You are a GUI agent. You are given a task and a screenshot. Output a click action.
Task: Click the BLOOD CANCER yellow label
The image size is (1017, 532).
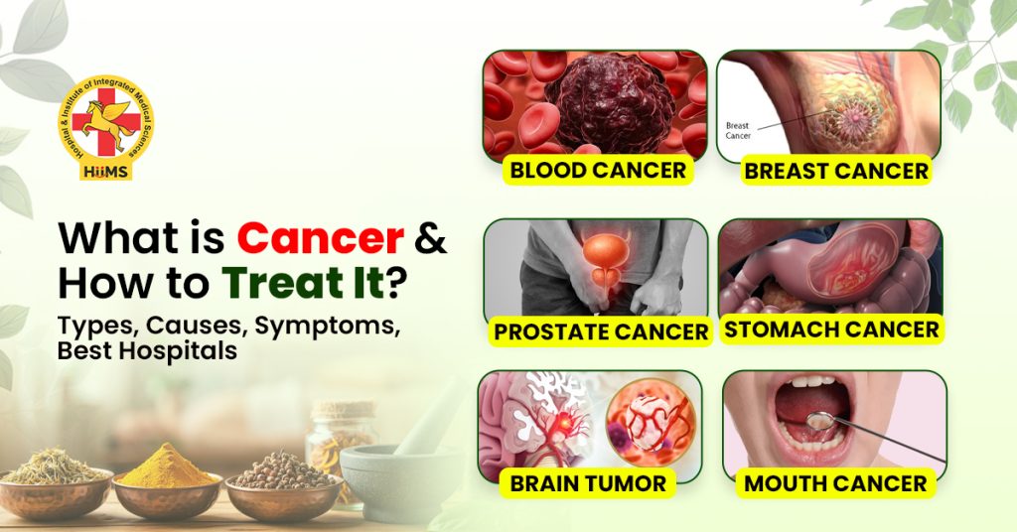pyautogui.click(x=597, y=170)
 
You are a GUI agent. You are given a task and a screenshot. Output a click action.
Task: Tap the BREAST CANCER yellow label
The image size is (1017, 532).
pyautogui.click(x=836, y=171)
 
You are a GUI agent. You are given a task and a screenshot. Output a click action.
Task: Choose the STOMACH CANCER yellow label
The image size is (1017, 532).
pyautogui.click(x=831, y=329)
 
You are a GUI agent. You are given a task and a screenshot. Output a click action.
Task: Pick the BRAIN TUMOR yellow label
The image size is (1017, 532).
pyautogui.click(x=588, y=483)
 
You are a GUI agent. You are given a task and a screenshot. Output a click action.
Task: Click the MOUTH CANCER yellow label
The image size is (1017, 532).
pyautogui.click(x=835, y=483)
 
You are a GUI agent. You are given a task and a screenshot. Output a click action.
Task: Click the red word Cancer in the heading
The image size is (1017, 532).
pyautogui.click(x=320, y=239)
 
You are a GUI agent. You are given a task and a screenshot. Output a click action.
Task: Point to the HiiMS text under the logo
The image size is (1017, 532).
pyautogui.click(x=105, y=170)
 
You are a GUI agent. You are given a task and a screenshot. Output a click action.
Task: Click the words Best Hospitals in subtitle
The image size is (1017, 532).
pyautogui.click(x=147, y=351)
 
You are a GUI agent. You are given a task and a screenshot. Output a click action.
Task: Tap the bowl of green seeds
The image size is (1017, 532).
pyautogui.click(x=52, y=478)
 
